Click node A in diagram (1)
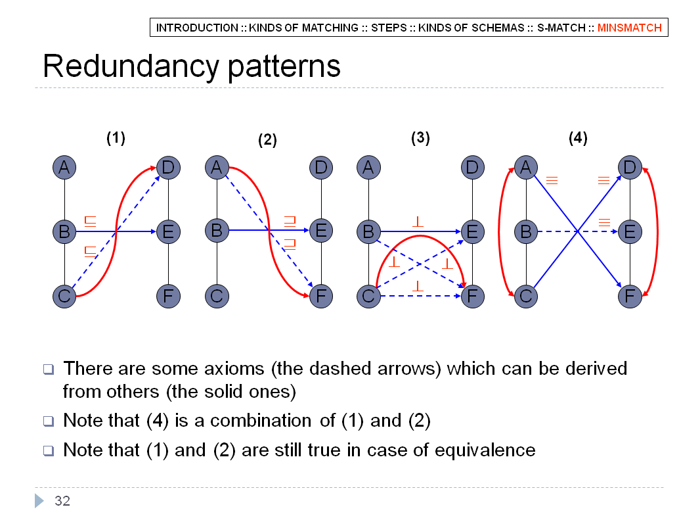(64, 168)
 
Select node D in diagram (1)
(168, 168)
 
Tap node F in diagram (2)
(321, 296)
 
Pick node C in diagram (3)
(369, 296)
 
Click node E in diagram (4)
(630, 231)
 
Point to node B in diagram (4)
(526, 231)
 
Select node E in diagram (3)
(472, 231)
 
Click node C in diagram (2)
(217, 296)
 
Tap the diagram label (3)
(420, 137)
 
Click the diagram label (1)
(116, 137)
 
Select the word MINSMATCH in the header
(630, 28)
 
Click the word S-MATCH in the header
(561, 28)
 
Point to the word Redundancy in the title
(131, 67)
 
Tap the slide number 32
(62, 501)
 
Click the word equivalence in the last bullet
(485, 450)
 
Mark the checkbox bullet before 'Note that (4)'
(49, 421)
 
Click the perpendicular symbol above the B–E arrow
(418, 222)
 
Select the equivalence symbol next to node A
(552, 181)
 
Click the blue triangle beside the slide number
(39, 501)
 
